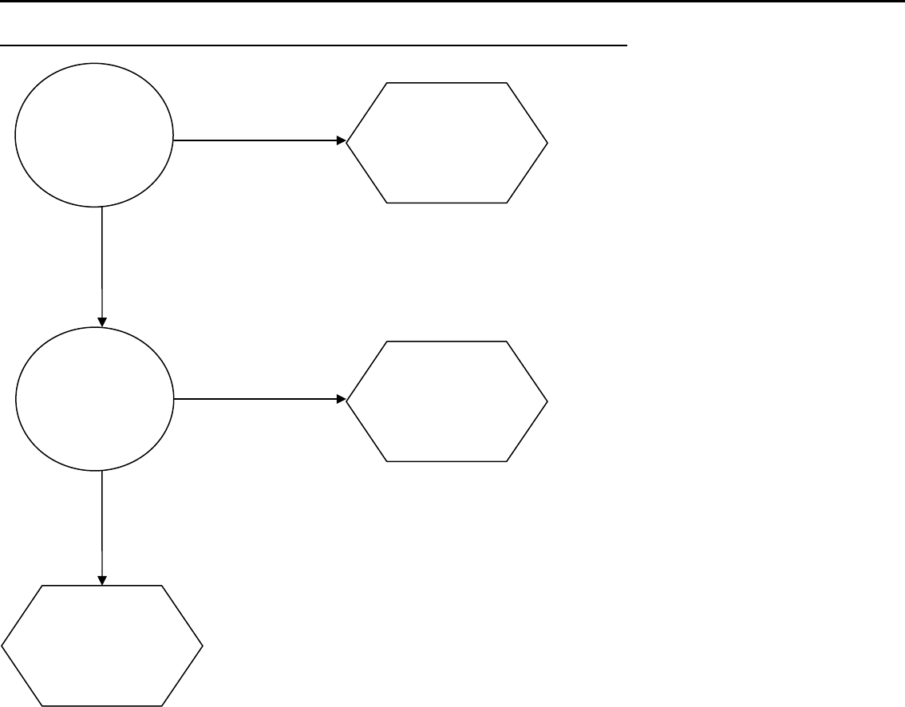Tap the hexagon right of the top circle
pos(447,142)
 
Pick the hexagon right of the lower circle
pos(447,401)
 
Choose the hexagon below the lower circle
pos(102,645)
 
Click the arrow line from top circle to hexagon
pos(255,140)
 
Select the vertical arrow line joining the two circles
pos(102,263)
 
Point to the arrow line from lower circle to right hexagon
pos(255,398)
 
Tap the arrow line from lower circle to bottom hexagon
pos(102,523)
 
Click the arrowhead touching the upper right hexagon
pos(341,140)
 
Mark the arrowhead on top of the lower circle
pos(102,322)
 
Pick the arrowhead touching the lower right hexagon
pos(341,398)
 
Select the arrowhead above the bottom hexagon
pos(102,579)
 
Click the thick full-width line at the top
pos(452,2)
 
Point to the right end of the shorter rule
pos(627,45)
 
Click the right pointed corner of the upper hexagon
pos(547,142)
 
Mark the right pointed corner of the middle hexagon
pos(547,401)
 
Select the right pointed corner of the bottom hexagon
pos(203,645)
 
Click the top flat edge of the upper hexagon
pos(447,82)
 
